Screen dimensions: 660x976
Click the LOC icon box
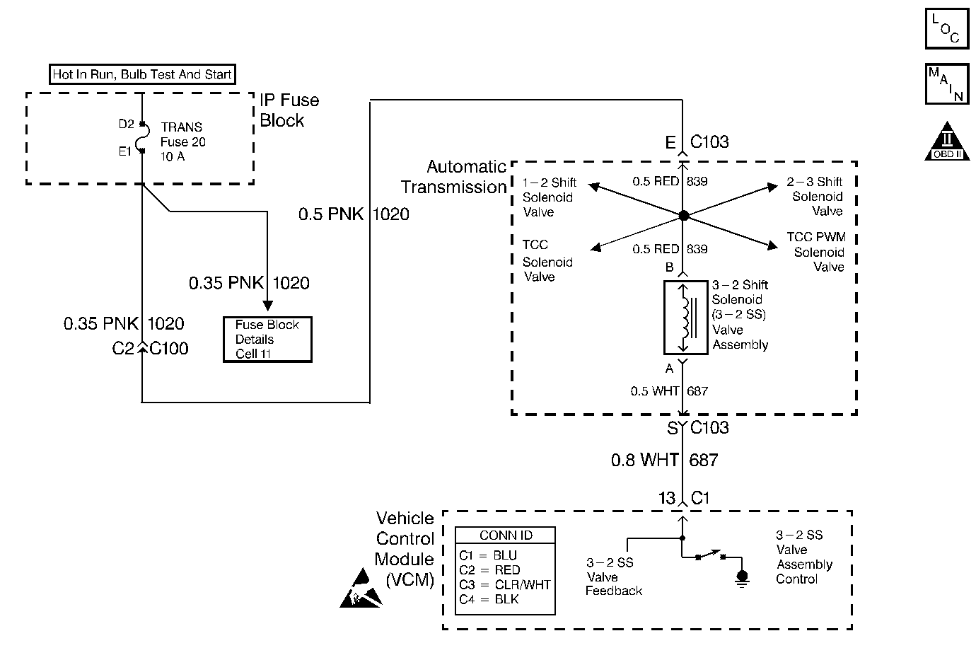click(x=947, y=28)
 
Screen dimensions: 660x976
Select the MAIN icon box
click(x=947, y=84)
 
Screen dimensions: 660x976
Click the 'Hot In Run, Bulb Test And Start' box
click(x=142, y=74)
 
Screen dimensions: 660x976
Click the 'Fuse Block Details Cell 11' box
click(x=267, y=340)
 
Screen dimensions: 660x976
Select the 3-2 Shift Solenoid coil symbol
click(x=685, y=317)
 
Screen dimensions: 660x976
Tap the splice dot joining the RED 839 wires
click(x=683, y=216)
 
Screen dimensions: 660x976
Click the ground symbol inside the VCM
click(x=741, y=579)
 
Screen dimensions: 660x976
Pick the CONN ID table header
click(x=505, y=535)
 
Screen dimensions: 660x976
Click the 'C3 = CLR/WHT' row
click(x=504, y=584)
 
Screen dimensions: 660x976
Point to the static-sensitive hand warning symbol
click(x=361, y=590)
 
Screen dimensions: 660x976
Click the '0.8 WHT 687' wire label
click(x=664, y=461)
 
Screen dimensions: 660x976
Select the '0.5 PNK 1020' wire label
click(x=354, y=214)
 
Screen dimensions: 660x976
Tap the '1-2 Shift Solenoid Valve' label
click(x=549, y=197)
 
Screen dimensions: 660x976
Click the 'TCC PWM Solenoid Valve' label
click(x=817, y=252)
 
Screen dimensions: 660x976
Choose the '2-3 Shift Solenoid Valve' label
click(x=815, y=197)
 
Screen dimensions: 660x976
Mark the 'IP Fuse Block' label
click(x=289, y=110)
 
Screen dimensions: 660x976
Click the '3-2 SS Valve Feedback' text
click(x=613, y=577)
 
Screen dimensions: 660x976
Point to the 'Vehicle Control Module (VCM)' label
click(x=405, y=549)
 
